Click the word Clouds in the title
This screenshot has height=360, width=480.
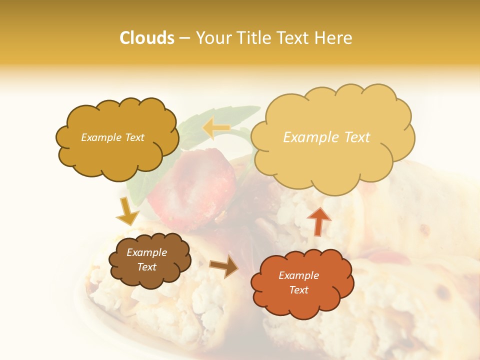147,38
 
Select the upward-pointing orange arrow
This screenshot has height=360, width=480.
319,220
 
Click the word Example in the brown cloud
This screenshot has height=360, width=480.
146,252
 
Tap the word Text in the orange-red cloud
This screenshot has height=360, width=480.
299,290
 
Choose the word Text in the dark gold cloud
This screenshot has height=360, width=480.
134,137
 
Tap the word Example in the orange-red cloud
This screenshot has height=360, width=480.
298,275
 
